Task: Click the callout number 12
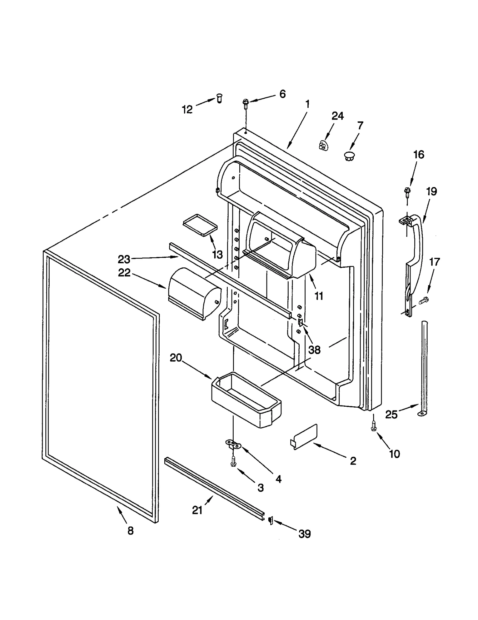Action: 187,110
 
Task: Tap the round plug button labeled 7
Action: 349,155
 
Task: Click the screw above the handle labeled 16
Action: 407,191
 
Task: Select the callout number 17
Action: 434,262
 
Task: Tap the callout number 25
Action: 391,414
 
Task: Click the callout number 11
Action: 319,296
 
